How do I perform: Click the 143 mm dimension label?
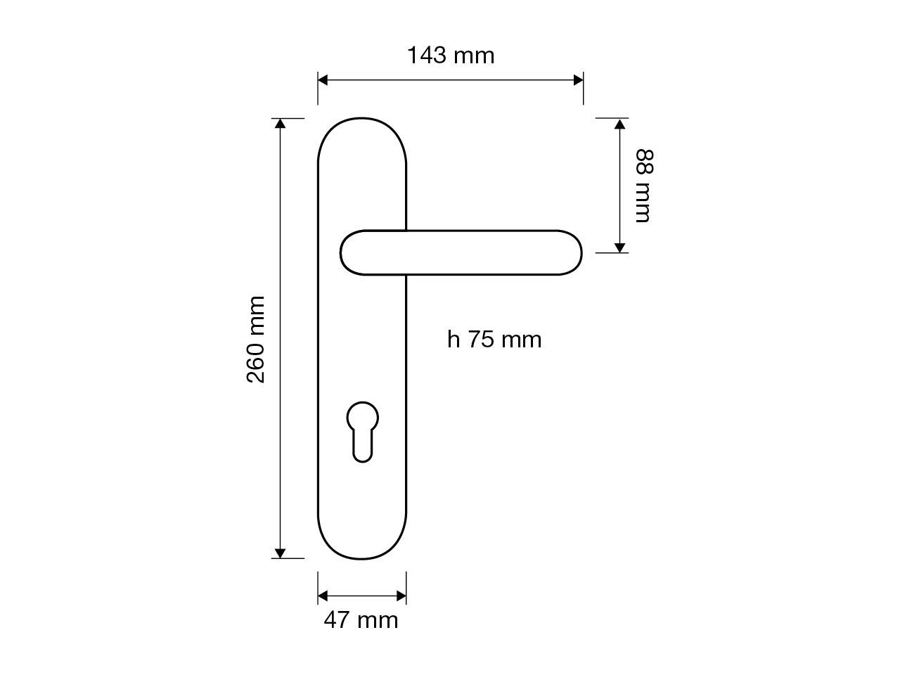point(451,55)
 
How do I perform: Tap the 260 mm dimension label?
point(256,339)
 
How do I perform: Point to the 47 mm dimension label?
point(361,620)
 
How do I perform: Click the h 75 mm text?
point(494,340)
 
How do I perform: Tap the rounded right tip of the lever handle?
point(571,252)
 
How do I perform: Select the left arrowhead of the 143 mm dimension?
point(323,79)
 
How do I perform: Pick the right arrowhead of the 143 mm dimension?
point(578,79)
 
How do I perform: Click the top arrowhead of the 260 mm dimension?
point(280,124)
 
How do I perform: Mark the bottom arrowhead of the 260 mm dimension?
point(280,553)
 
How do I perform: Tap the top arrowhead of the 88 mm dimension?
point(619,124)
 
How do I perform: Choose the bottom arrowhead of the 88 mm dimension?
point(619,247)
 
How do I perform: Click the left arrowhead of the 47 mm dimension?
point(323,596)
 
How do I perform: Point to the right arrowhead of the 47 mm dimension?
point(401,596)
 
